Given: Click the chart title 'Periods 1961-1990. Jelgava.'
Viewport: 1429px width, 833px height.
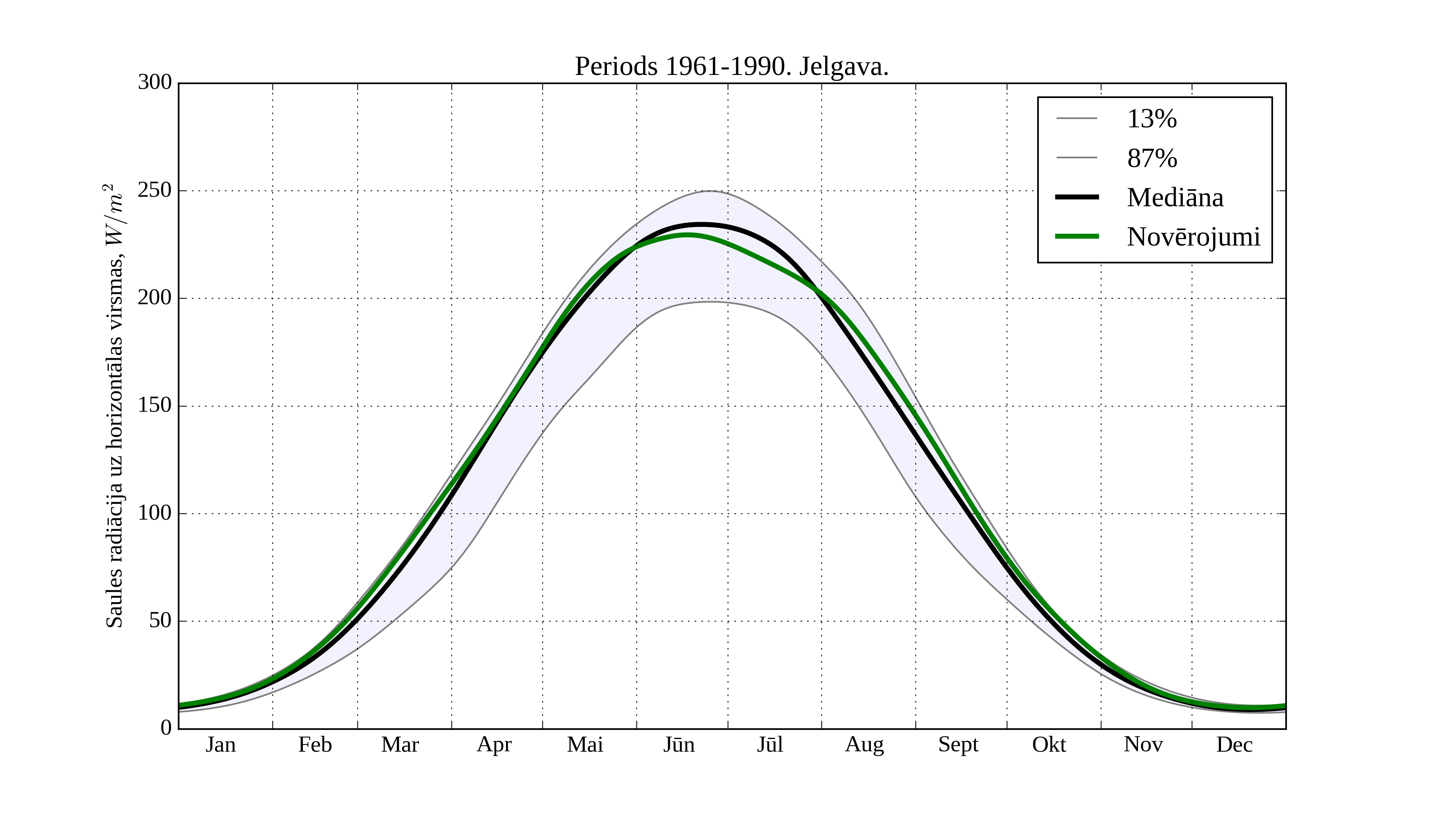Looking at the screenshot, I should (732, 67).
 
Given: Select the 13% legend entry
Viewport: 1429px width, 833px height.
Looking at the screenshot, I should (1152, 119).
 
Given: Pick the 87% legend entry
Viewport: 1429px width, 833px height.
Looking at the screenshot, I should (1152, 158).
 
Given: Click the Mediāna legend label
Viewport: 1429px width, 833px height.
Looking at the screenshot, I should (1175, 197).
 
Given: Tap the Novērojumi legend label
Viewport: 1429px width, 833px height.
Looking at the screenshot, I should (1193, 237).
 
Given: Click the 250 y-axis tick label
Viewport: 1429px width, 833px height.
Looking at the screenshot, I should (154, 190).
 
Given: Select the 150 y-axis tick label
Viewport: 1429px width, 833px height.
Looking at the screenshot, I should (154, 406).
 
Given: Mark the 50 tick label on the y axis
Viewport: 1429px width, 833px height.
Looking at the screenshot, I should (160, 621).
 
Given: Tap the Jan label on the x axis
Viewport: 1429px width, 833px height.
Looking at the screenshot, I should (221, 745).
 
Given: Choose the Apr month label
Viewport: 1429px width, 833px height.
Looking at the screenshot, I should (494, 745).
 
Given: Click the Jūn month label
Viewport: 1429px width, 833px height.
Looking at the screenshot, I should (679, 745).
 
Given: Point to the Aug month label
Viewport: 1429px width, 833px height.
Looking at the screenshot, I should (864, 745).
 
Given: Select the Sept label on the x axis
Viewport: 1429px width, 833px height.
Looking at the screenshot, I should (958, 745).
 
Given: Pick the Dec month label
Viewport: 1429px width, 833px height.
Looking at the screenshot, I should (1234, 745).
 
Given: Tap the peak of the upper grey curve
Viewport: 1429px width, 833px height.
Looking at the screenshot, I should (711, 191).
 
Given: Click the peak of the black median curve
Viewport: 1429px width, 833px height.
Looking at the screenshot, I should (701, 225).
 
